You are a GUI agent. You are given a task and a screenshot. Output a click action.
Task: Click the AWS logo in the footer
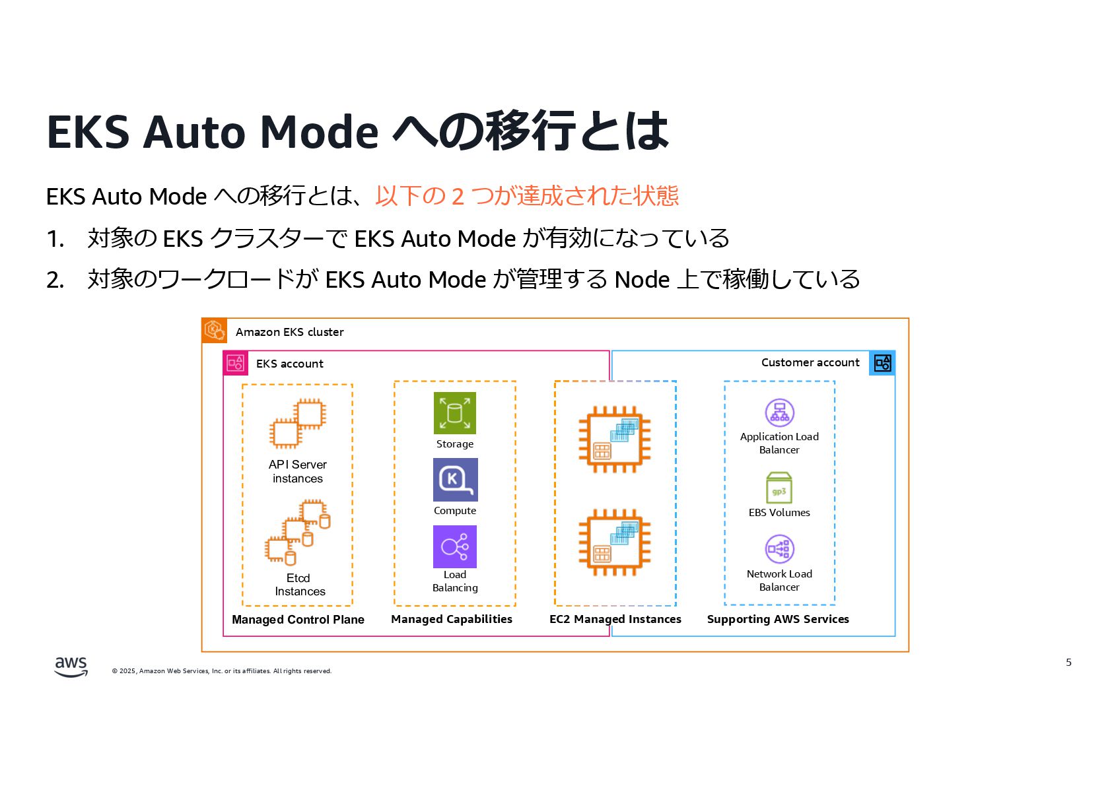(71, 667)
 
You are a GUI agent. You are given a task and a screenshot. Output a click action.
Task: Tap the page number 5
(1068, 663)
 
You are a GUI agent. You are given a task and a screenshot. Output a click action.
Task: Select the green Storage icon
(454, 413)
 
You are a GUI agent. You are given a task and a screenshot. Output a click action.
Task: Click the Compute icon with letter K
(455, 480)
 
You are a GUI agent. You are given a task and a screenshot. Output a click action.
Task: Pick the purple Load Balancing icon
(454, 546)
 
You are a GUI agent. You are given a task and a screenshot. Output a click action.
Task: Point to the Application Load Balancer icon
(779, 413)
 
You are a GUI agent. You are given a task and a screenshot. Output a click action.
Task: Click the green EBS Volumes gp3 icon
(779, 488)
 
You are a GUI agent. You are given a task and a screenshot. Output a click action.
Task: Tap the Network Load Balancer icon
(779, 549)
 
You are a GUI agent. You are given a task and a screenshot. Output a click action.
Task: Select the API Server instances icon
(298, 423)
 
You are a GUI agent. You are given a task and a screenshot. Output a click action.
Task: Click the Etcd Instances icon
(298, 533)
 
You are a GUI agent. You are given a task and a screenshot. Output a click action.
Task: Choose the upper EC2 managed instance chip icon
(614, 440)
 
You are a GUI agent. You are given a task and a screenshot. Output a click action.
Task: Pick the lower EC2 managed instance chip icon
(614, 542)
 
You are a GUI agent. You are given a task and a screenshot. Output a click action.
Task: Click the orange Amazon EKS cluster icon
(215, 331)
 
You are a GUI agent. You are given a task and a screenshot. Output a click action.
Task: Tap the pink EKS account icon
(236, 363)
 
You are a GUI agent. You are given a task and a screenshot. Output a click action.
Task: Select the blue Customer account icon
(882, 363)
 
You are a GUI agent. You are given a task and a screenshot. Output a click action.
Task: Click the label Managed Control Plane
(298, 620)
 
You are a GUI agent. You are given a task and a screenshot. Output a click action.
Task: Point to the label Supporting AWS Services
(778, 619)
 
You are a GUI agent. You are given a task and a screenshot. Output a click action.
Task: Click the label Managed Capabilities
(452, 619)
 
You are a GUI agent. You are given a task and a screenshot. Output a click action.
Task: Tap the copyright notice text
(222, 671)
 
